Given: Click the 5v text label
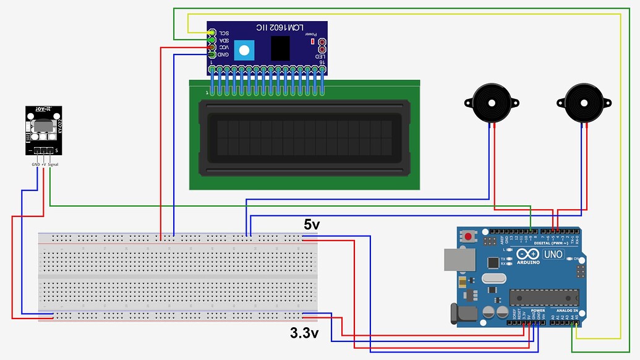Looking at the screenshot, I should click(x=312, y=225).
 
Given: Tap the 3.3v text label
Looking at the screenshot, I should click(x=304, y=333).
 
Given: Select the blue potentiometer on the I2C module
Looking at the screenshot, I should click(x=245, y=49).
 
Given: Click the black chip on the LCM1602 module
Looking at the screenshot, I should click(x=281, y=48).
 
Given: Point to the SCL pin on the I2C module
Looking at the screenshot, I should click(x=212, y=33).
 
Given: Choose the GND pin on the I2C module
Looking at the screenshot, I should click(x=212, y=55).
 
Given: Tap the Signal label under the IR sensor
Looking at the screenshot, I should click(x=53, y=165).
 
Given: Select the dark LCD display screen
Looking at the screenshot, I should click(x=304, y=138).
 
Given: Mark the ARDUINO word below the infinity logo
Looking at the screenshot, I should click(x=527, y=262).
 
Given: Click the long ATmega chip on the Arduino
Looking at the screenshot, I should click(x=544, y=297).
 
